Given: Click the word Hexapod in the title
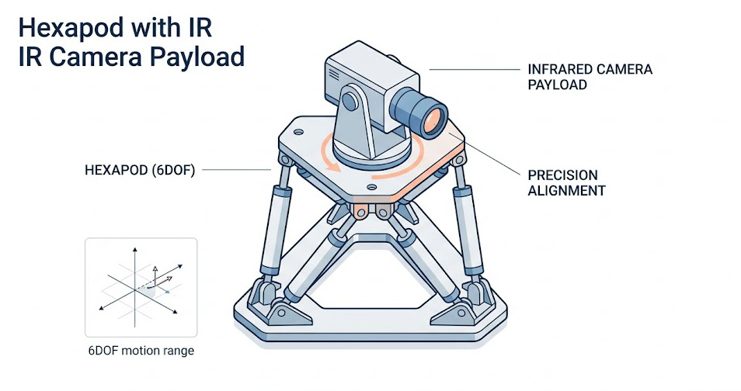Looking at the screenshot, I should (x=64, y=29).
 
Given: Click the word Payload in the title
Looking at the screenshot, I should (x=205, y=57).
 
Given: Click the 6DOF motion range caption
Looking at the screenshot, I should (x=141, y=351).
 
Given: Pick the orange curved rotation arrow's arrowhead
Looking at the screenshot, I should (x=332, y=164).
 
